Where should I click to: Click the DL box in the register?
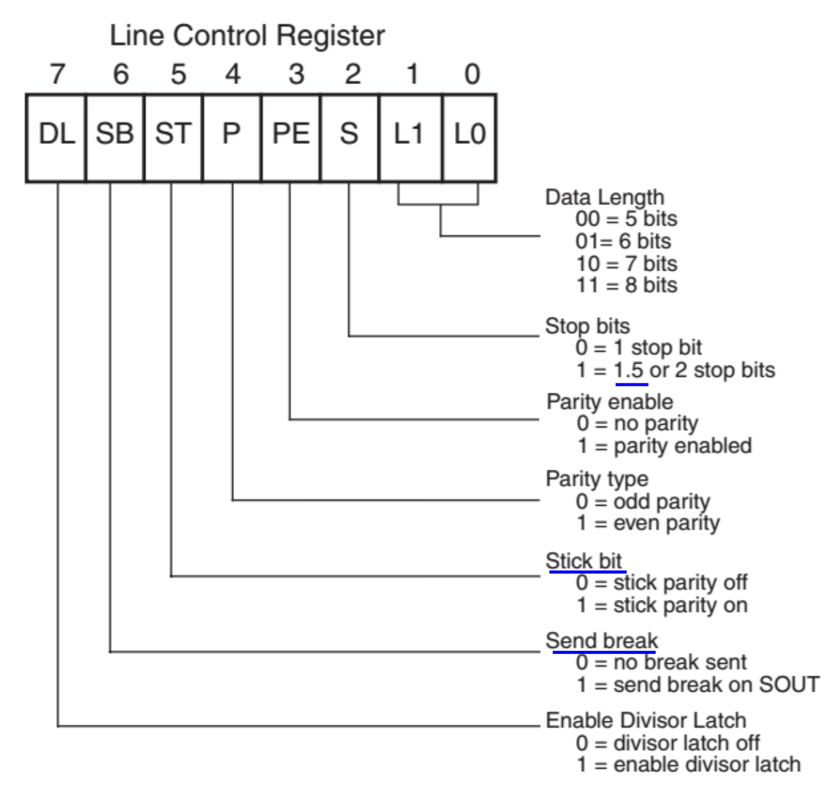point(56,137)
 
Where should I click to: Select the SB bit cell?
point(115,137)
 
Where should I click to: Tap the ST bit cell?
point(173,137)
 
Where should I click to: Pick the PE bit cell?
point(291,137)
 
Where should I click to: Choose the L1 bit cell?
point(410,137)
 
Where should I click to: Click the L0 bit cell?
point(470,137)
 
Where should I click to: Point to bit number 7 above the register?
point(57,74)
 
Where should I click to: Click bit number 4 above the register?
point(233,74)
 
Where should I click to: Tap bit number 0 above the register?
point(472,74)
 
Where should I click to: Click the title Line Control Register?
point(247,36)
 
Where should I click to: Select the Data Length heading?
point(604,197)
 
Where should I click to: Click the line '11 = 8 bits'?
point(626,285)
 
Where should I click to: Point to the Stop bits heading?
point(587,326)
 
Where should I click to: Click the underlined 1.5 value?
point(630,370)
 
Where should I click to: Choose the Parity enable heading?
point(609,402)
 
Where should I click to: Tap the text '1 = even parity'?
point(648,523)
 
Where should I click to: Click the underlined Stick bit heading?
point(584,561)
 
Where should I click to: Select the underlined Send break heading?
point(602,641)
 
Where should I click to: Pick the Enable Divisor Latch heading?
point(646,720)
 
